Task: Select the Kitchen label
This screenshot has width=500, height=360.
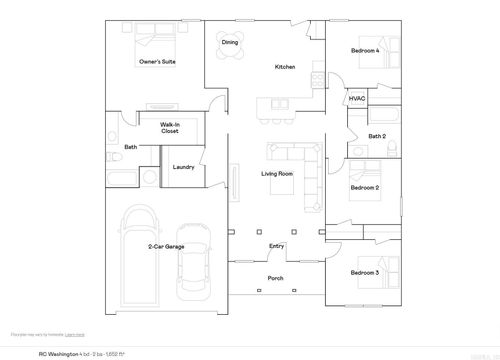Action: [x=285, y=67]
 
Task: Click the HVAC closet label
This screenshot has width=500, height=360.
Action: [x=357, y=99]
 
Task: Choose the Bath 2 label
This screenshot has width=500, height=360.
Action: [x=376, y=136]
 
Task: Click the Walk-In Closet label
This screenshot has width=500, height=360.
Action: [x=169, y=128]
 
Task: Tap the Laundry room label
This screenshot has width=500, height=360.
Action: [x=183, y=167]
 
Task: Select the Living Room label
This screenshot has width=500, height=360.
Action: [x=277, y=175]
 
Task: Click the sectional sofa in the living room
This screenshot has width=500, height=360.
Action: [x=300, y=160]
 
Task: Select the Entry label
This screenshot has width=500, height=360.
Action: [x=277, y=246]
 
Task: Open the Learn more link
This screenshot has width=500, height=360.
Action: [x=75, y=334]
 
